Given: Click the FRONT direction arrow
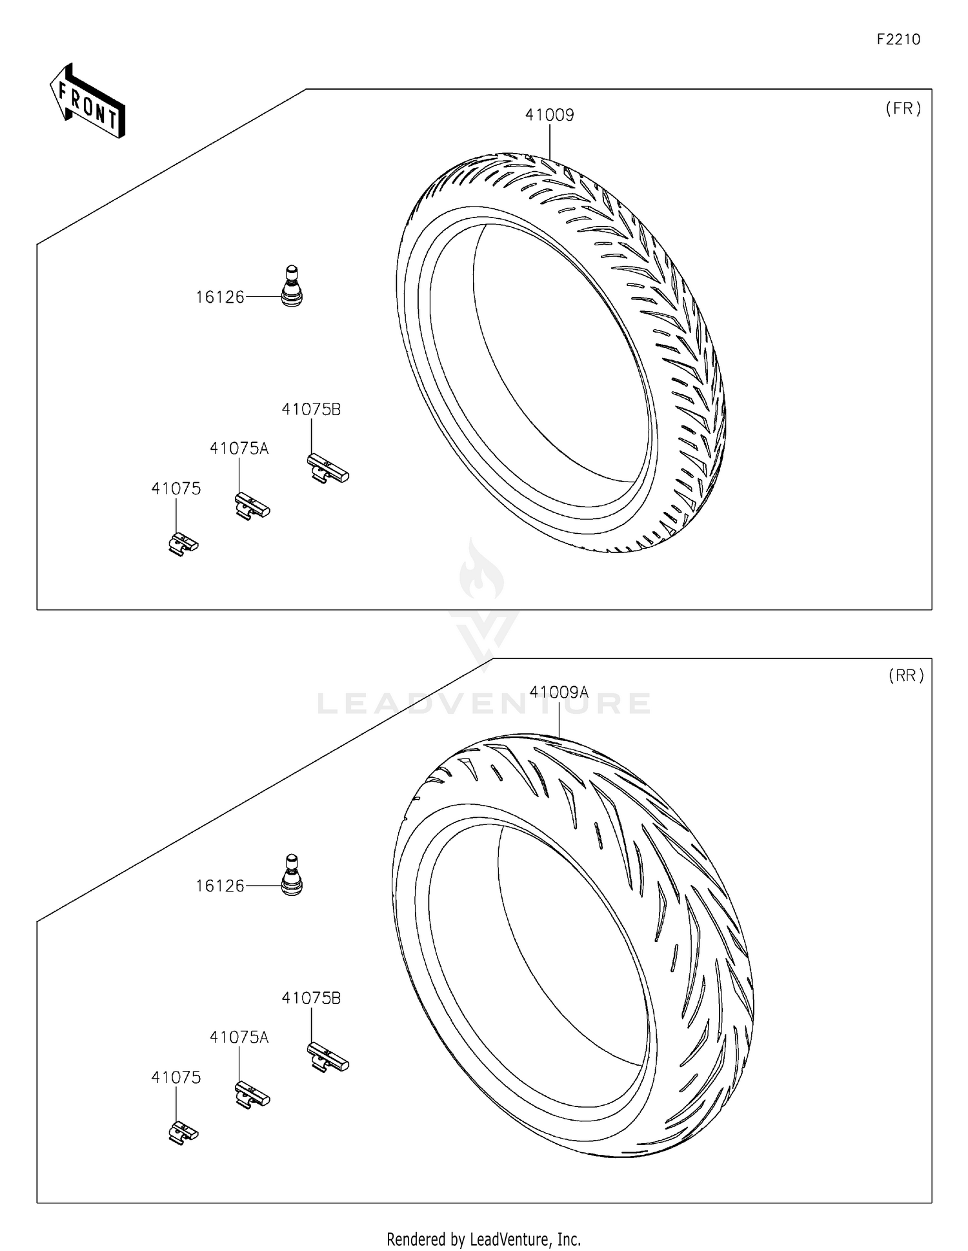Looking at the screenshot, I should pos(87,102).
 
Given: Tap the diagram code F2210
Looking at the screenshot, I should pos(898,39).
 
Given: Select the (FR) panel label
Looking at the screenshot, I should pos(903,108).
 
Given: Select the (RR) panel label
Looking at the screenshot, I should pos(905,675).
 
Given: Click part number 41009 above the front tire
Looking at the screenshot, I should pos(549,115).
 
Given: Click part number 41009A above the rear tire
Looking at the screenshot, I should pos(559,692).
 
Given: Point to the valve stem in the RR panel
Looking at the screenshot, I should pos(292,875).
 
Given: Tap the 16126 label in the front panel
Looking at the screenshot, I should pos(220,297).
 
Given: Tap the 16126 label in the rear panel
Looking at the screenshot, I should pos(220,886).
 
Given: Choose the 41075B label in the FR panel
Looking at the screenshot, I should pos(311,409).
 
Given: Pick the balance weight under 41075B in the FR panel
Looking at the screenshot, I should pos(327,469).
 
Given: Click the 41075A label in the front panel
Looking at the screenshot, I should pos(239,448).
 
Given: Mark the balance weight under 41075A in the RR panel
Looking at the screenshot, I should pos(252,1095).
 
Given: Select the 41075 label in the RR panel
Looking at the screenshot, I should pos(176,1077).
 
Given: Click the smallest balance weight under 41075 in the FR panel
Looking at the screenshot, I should pos(183,544).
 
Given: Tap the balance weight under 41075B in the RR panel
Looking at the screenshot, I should pos(327,1057).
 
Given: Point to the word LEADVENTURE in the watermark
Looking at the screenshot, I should pos(484,703).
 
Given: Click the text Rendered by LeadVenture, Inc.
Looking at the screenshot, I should pos(483,1239).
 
